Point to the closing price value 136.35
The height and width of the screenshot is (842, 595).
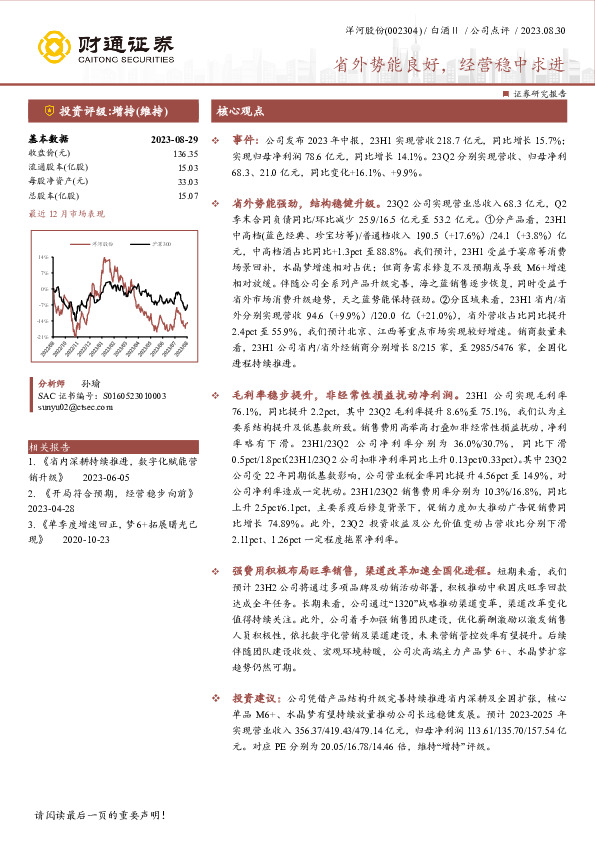coord(185,154)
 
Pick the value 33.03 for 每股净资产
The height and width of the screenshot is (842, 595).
coord(187,182)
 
